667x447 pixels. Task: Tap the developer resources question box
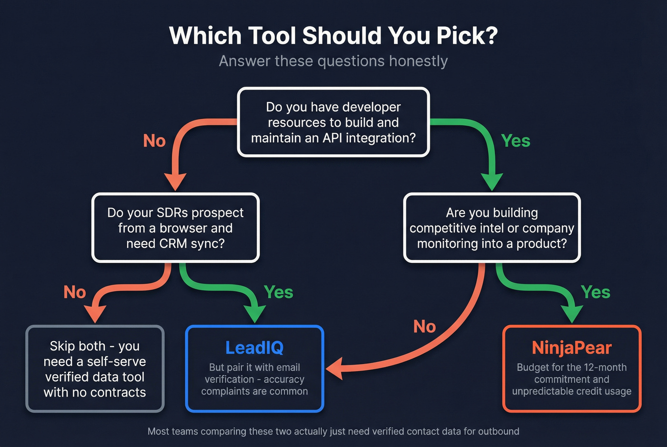tap(333, 122)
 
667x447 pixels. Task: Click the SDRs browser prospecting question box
tap(175, 228)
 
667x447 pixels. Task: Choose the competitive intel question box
tap(492, 228)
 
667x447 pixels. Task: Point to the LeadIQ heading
tap(254, 348)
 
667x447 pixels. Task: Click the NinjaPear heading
tap(571, 348)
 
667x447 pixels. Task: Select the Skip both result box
tap(95, 369)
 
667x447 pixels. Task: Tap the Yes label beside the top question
tap(515, 141)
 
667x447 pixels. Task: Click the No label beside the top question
tap(154, 141)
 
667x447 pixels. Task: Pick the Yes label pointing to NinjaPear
tap(596, 292)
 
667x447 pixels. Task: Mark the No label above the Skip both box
tap(75, 292)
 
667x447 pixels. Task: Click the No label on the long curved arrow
tap(424, 327)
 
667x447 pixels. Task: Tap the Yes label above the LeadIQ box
tap(278, 292)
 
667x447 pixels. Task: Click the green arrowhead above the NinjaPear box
tap(572, 314)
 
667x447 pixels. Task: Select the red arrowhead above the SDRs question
tap(175, 182)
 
